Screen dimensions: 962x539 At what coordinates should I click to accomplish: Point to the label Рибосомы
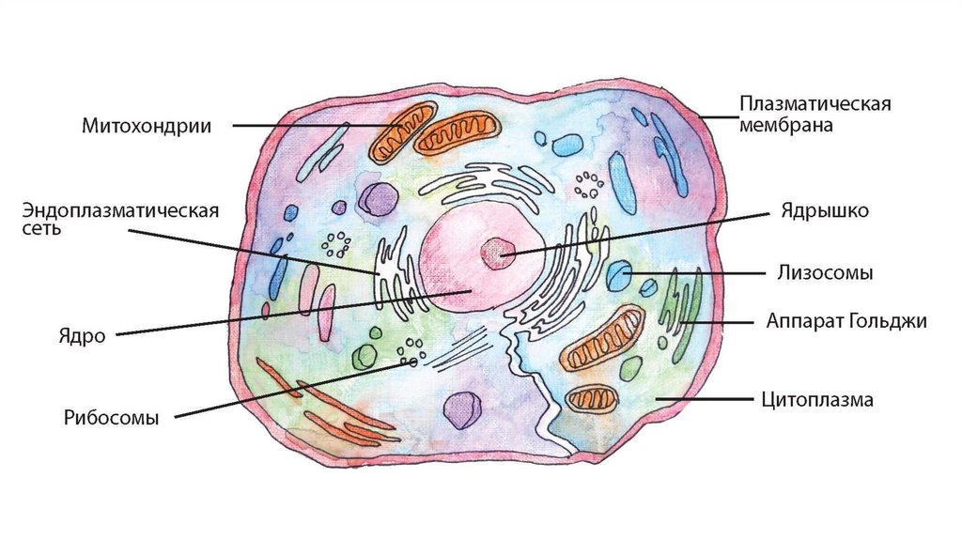tap(111, 418)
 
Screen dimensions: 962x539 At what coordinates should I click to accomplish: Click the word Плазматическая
tap(814, 102)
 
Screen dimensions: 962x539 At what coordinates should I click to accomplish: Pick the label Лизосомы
tap(825, 273)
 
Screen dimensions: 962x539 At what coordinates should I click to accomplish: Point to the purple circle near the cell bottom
tap(461, 410)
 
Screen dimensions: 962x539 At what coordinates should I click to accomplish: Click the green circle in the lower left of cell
tap(364, 356)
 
